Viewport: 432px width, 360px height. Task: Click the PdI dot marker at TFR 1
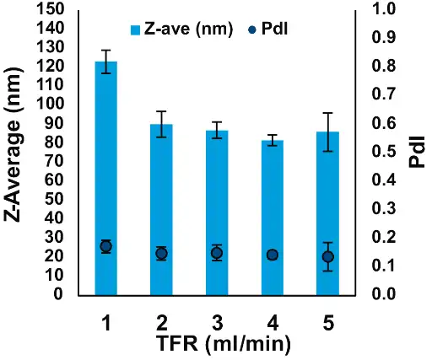105,247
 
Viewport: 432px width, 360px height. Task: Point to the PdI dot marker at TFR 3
217,253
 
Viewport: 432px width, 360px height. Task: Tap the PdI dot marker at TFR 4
273,255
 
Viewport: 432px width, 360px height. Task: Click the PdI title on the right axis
418,153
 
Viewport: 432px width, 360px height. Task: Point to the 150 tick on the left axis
56,9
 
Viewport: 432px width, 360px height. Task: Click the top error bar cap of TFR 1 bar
105,50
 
